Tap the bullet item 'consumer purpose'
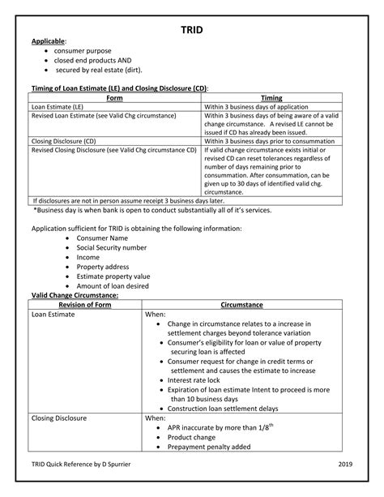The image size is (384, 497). (83, 50)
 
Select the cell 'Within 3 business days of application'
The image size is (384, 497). (258, 106)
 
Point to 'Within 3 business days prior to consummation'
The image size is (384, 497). (269, 140)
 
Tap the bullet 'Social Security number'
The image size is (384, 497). (111, 247)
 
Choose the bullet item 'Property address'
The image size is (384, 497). (104, 266)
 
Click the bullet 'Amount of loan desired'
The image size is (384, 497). (116, 285)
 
